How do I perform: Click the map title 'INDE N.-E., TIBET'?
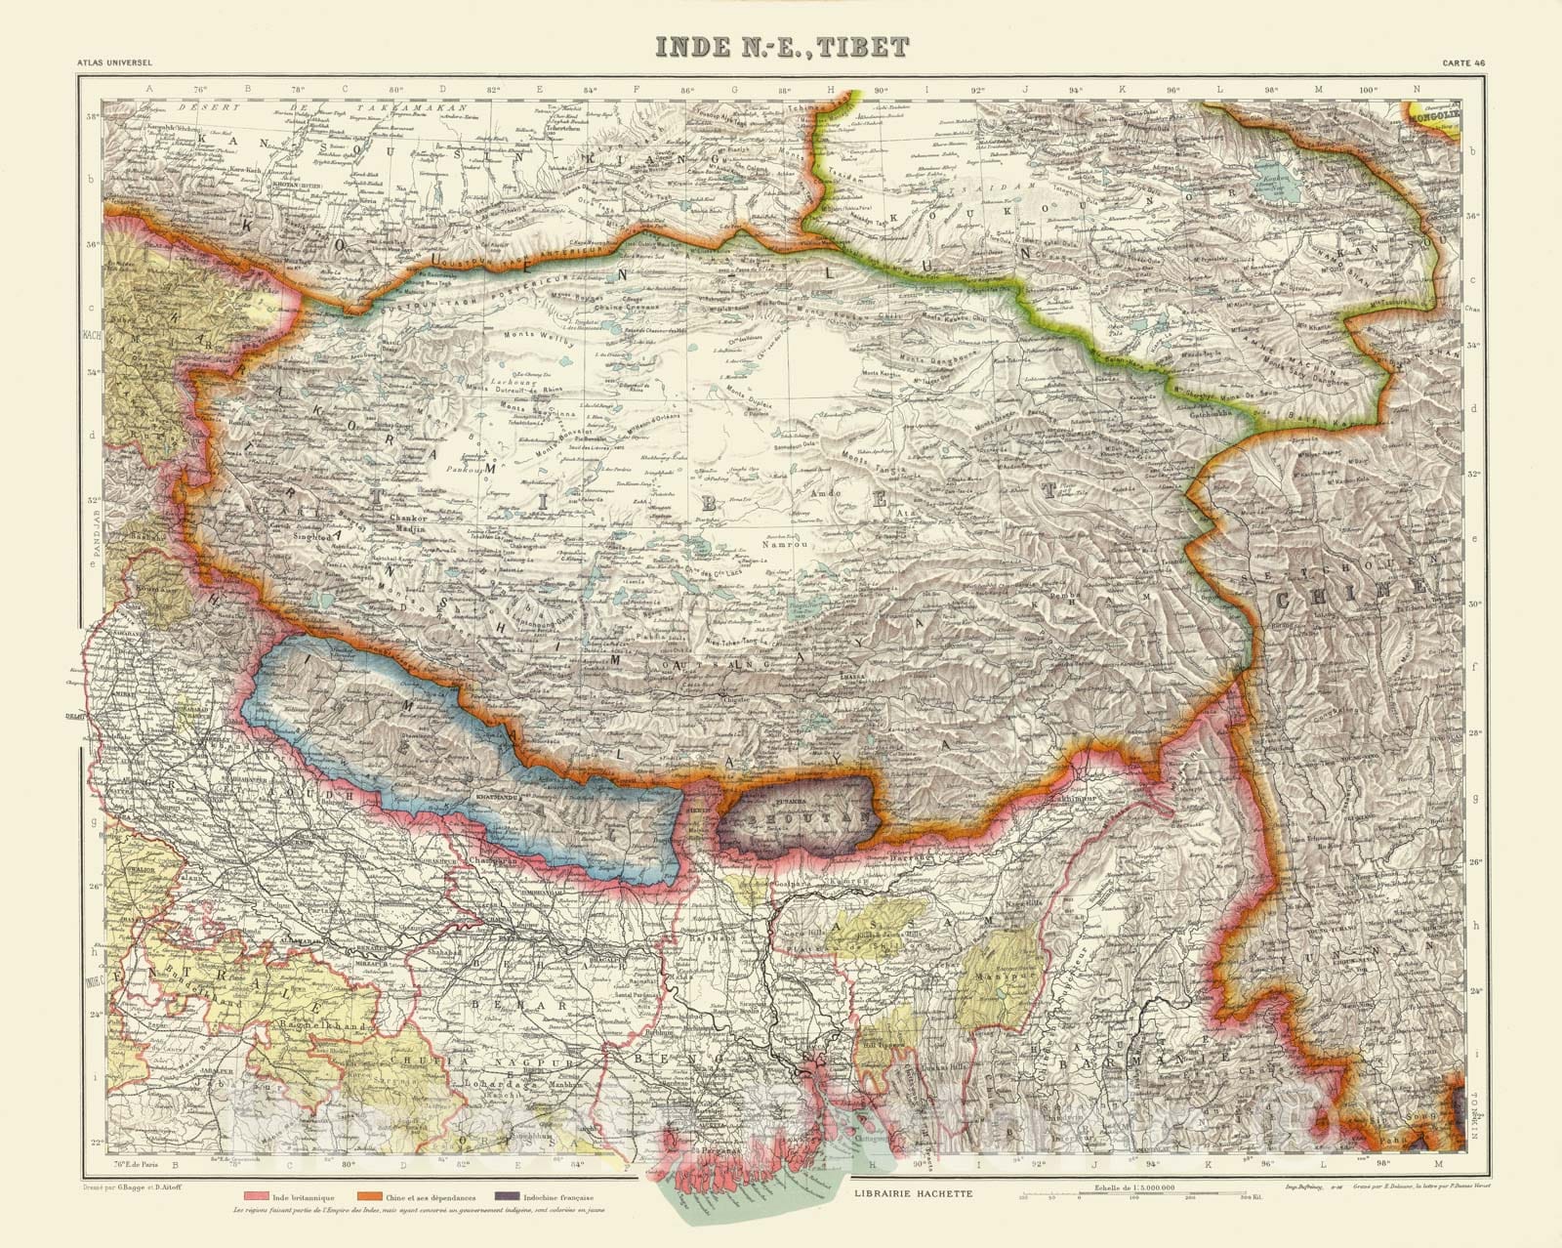tap(780, 46)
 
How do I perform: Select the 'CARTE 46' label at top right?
tap(1464, 64)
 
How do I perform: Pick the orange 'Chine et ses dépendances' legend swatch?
tap(369, 1195)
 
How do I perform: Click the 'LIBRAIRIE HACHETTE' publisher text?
tap(910, 1193)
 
